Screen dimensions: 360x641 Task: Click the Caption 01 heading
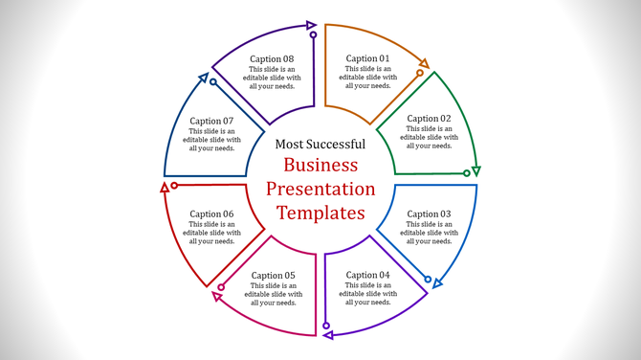tap(368, 58)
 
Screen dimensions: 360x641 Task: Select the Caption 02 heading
tap(429, 119)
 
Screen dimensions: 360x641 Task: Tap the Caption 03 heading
tap(429, 214)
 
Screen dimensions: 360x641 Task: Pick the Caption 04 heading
tap(368, 276)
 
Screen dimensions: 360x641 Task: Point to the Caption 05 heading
tap(274, 276)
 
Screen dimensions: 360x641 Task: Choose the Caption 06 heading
tap(211, 214)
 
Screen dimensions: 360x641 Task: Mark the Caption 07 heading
tap(211, 121)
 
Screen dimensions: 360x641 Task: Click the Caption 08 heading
tap(273, 58)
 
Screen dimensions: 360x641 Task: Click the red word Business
tap(320, 165)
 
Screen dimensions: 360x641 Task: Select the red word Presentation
tap(320, 189)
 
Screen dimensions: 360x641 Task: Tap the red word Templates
tap(320, 213)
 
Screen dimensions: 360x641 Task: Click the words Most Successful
tap(320, 144)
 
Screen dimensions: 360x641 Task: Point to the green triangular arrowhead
tap(476, 171)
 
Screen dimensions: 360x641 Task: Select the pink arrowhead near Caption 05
tap(217, 297)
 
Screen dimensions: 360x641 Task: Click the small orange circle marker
tap(419, 73)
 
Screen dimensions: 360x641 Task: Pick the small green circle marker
tap(467, 173)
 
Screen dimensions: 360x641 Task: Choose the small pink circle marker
tap(221, 287)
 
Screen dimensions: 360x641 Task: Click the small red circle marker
tap(174, 185)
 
